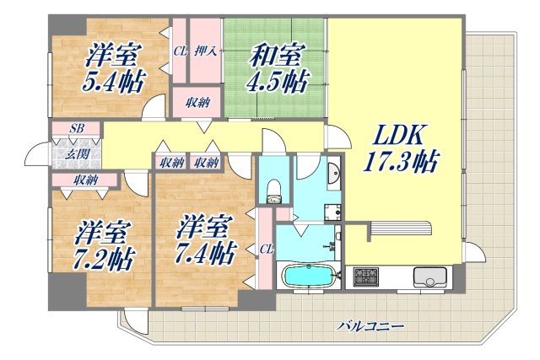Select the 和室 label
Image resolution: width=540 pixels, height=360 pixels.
click(x=276, y=56)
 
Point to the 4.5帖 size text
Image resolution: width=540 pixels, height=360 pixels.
click(x=276, y=82)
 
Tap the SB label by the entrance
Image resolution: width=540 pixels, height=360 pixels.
click(x=76, y=129)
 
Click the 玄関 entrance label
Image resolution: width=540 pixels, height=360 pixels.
click(x=75, y=153)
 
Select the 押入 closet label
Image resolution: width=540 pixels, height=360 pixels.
click(x=207, y=51)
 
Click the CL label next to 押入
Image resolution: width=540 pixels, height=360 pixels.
click(x=180, y=51)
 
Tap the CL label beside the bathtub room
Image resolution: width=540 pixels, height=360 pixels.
click(x=266, y=250)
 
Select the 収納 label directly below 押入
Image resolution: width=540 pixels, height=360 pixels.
click(x=198, y=102)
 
